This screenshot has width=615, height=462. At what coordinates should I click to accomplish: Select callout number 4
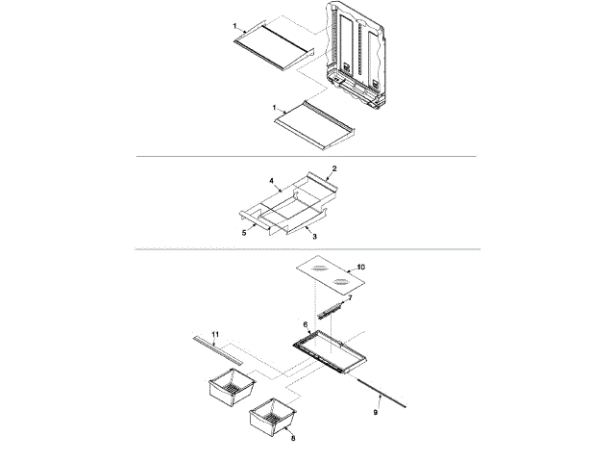[272, 180]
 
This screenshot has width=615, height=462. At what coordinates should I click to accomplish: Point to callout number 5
[243, 231]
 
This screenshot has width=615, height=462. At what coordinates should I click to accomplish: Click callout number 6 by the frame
[306, 324]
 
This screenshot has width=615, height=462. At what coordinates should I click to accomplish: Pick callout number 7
[350, 298]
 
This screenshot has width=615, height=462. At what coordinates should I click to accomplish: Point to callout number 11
[216, 334]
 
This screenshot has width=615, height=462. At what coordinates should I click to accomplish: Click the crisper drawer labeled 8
[271, 417]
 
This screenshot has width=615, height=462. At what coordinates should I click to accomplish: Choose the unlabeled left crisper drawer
[230, 390]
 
